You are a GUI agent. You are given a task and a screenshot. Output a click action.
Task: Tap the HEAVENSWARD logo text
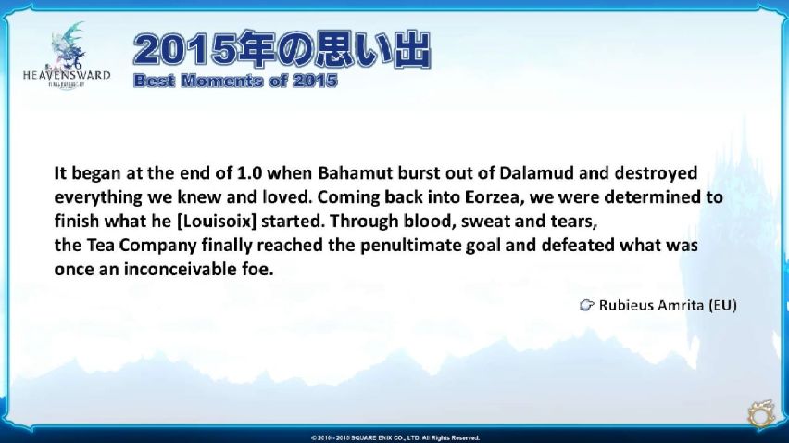point(67,75)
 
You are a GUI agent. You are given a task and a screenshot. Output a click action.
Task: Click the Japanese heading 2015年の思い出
point(282,49)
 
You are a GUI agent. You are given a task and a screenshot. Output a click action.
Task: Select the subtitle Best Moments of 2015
point(235,81)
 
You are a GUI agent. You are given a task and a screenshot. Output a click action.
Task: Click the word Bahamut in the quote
point(356,172)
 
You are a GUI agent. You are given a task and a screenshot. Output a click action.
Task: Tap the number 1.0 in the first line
point(250,172)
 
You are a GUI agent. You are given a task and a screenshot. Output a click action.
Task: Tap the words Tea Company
point(142,246)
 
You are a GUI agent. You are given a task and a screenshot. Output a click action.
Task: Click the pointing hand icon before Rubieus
point(586,305)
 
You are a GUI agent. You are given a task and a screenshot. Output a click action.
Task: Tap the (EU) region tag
point(722,305)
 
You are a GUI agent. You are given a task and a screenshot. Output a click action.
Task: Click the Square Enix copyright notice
point(395,438)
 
